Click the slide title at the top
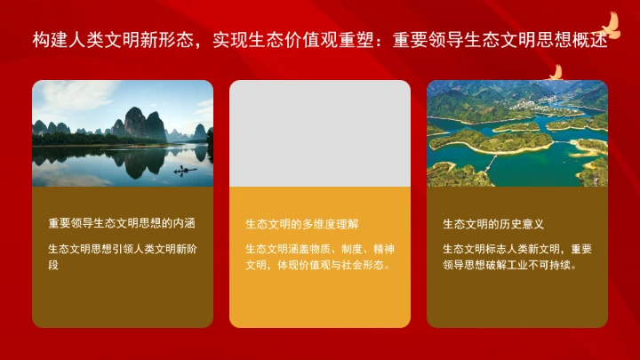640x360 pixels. (320, 41)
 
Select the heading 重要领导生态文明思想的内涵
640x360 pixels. (122, 223)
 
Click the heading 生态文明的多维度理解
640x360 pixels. (302, 224)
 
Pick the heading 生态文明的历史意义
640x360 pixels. (493, 224)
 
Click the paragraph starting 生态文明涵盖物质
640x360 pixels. (319, 257)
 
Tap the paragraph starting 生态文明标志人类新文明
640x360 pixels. (516, 257)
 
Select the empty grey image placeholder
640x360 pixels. (320, 133)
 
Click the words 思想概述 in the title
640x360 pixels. (582, 41)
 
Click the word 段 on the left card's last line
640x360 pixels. (53, 265)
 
